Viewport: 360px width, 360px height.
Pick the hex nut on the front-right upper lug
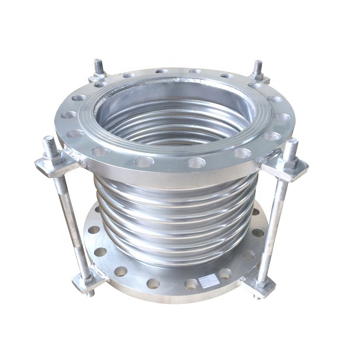(x=290, y=162)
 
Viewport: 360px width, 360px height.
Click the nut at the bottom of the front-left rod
(x=85, y=276)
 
